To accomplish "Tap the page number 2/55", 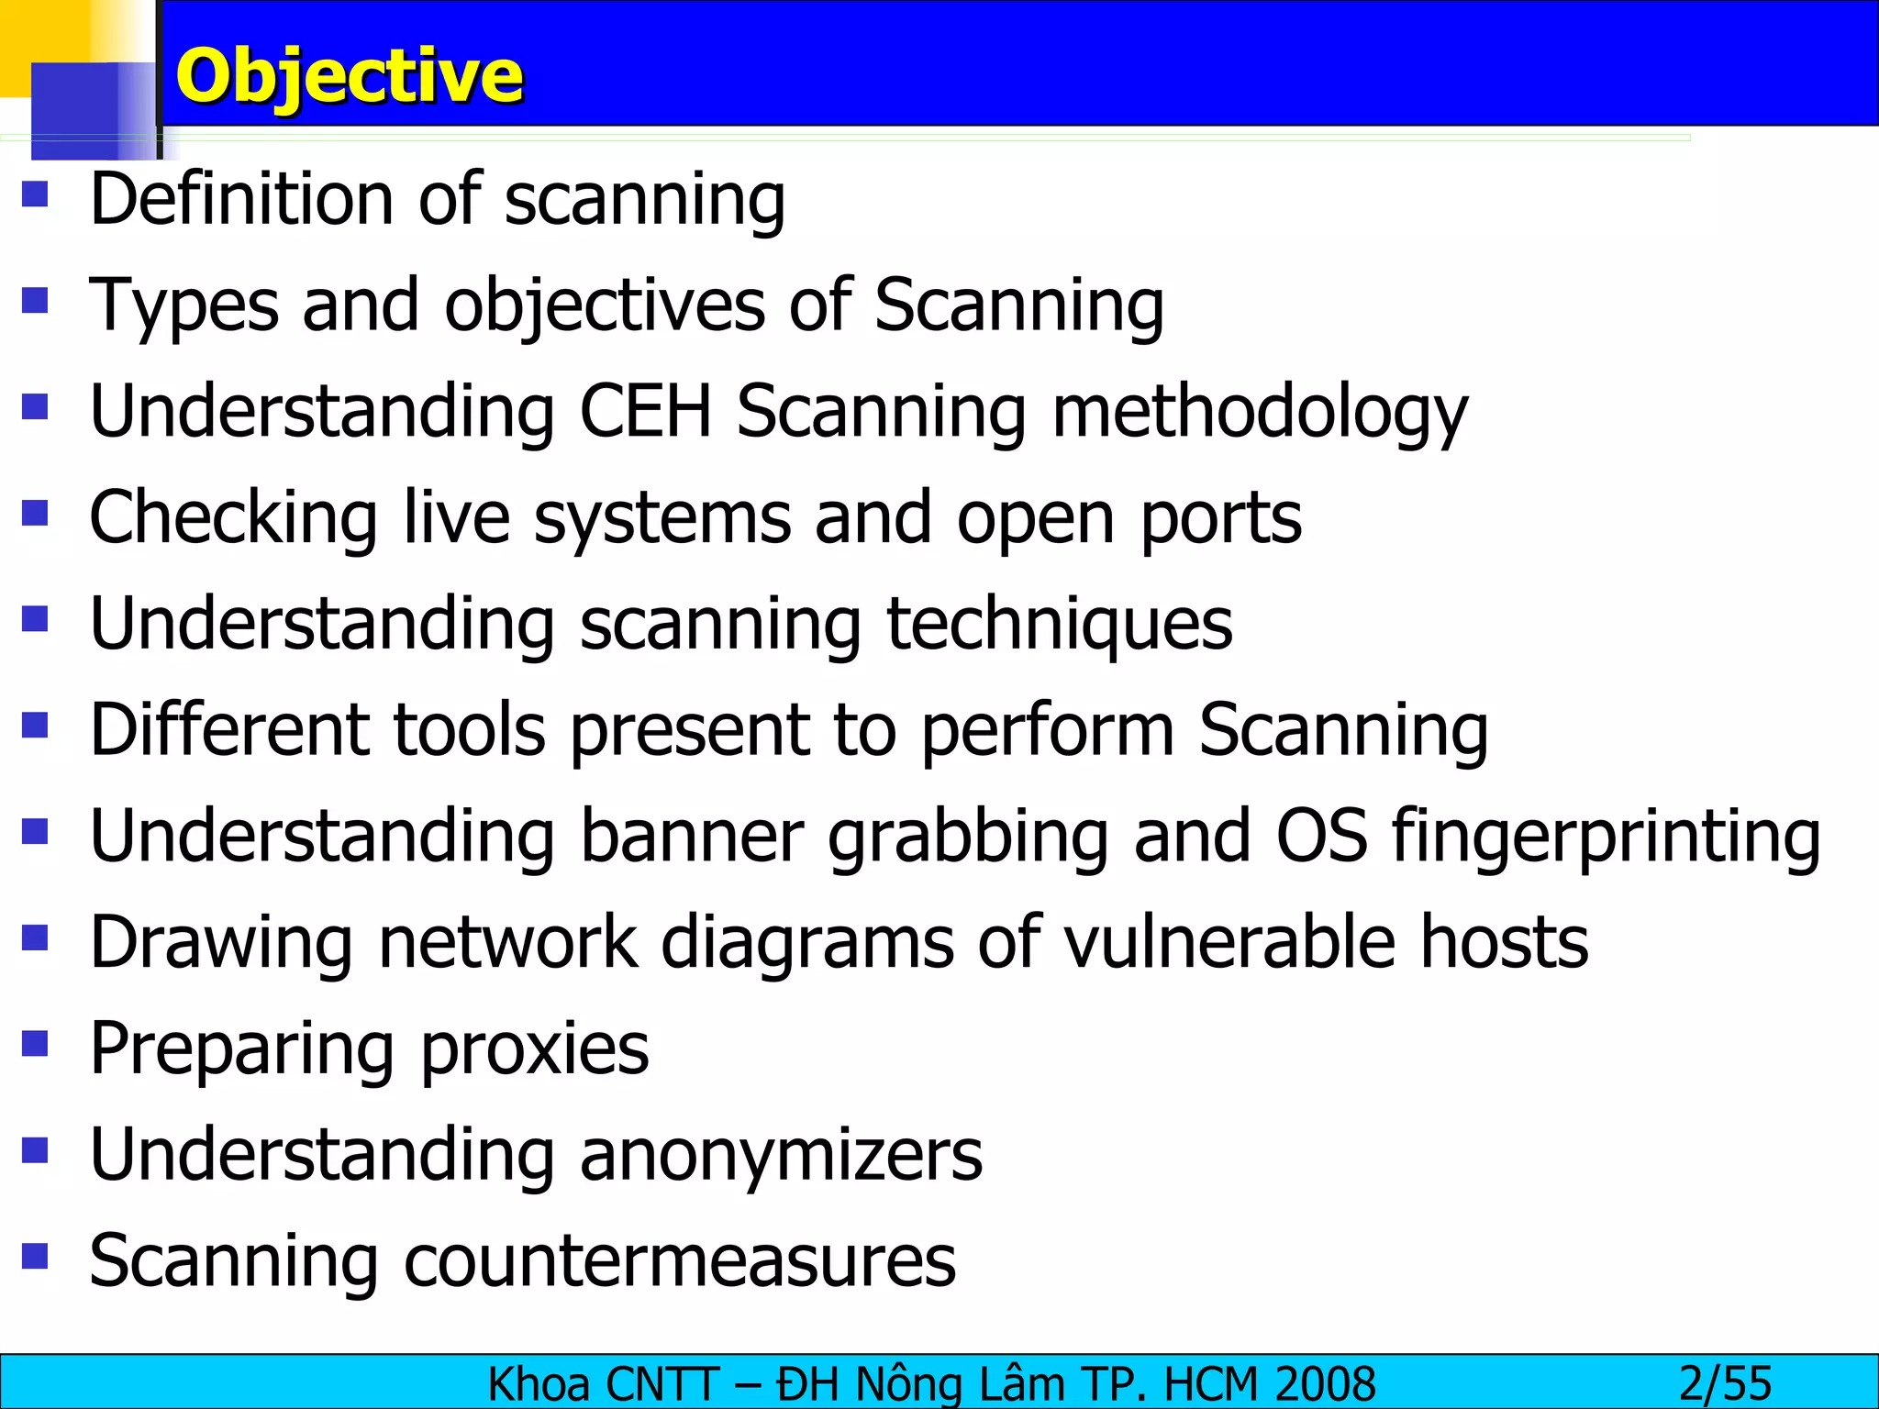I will [1725, 1383].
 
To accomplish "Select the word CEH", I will [646, 411].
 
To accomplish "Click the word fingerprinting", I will [1606, 837].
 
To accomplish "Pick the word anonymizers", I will [781, 1155].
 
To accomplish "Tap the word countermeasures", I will [680, 1261].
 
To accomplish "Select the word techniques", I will [1060, 624].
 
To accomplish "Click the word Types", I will [183, 306].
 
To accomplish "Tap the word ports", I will [1221, 519].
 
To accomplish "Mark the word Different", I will [230, 730].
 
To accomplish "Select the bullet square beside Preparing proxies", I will [35, 1044].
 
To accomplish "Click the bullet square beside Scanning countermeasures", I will [35, 1256].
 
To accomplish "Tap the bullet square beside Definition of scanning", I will [35, 194].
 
